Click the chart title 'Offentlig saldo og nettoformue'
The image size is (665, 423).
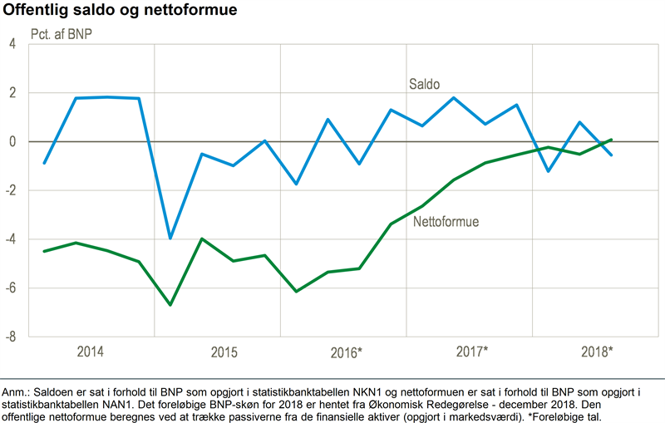[119, 11]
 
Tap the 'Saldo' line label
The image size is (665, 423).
[424, 84]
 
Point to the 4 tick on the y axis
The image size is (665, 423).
[12, 44]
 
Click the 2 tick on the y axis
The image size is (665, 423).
[12, 93]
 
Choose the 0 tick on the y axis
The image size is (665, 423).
[12, 142]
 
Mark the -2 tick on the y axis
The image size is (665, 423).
[11, 190]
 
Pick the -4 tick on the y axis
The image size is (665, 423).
[11, 239]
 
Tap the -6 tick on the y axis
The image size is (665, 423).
[11, 288]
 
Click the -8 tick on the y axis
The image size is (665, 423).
[11, 337]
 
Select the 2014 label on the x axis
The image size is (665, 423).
[91, 351]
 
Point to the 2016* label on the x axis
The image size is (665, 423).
[345, 352]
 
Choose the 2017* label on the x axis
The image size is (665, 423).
[472, 351]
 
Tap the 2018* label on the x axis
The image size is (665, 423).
[597, 351]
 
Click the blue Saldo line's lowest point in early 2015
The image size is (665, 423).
[170, 239]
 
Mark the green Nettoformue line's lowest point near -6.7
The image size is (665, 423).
[170, 305]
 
